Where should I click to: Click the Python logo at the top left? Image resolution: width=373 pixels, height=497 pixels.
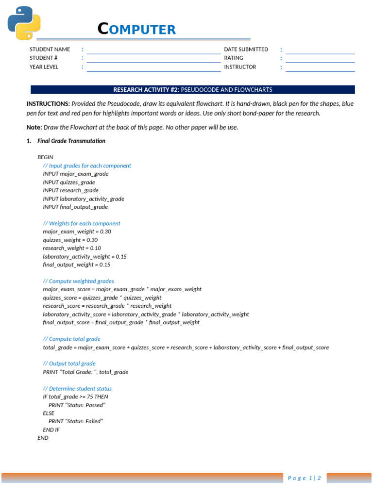pyautogui.click(x=24, y=23)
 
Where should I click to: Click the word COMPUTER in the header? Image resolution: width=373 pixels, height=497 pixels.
pyautogui.click(x=136, y=30)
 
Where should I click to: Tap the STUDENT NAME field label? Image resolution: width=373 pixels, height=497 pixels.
pyautogui.click(x=50, y=49)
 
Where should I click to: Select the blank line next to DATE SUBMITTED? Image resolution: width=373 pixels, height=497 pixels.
pyautogui.click(x=320, y=50)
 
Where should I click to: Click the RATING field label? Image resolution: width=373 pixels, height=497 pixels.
pyautogui.click(x=234, y=58)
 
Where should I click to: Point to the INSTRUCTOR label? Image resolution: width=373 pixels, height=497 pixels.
pyautogui.click(x=240, y=67)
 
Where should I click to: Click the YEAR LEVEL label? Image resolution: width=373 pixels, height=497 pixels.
pyautogui.click(x=44, y=67)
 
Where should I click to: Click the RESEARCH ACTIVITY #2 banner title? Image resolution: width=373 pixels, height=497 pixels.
pyautogui.click(x=193, y=90)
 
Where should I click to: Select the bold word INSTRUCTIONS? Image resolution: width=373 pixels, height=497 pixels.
pyautogui.click(x=48, y=104)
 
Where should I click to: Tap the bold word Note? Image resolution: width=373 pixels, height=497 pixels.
pyautogui.click(x=34, y=128)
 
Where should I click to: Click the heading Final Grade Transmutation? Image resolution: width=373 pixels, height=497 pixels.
pyautogui.click(x=71, y=141)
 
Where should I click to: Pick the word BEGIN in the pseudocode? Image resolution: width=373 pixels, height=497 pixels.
pyautogui.click(x=45, y=157)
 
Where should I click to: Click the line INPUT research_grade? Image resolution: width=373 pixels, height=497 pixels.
pyautogui.click(x=70, y=190)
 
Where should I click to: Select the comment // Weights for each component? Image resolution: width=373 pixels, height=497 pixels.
pyautogui.click(x=82, y=223)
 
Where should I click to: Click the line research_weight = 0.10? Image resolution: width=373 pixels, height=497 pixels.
pyautogui.click(x=72, y=248)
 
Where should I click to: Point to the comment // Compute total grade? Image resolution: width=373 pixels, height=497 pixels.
pyautogui.click(x=71, y=339)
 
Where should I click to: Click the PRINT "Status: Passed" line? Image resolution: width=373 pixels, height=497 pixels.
pyautogui.click(x=77, y=405)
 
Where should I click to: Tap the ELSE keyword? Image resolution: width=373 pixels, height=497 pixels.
pyautogui.click(x=49, y=413)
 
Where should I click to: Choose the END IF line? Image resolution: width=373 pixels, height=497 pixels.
pyautogui.click(x=51, y=430)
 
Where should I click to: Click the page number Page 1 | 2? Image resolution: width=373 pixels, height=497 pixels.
pyautogui.click(x=305, y=478)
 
